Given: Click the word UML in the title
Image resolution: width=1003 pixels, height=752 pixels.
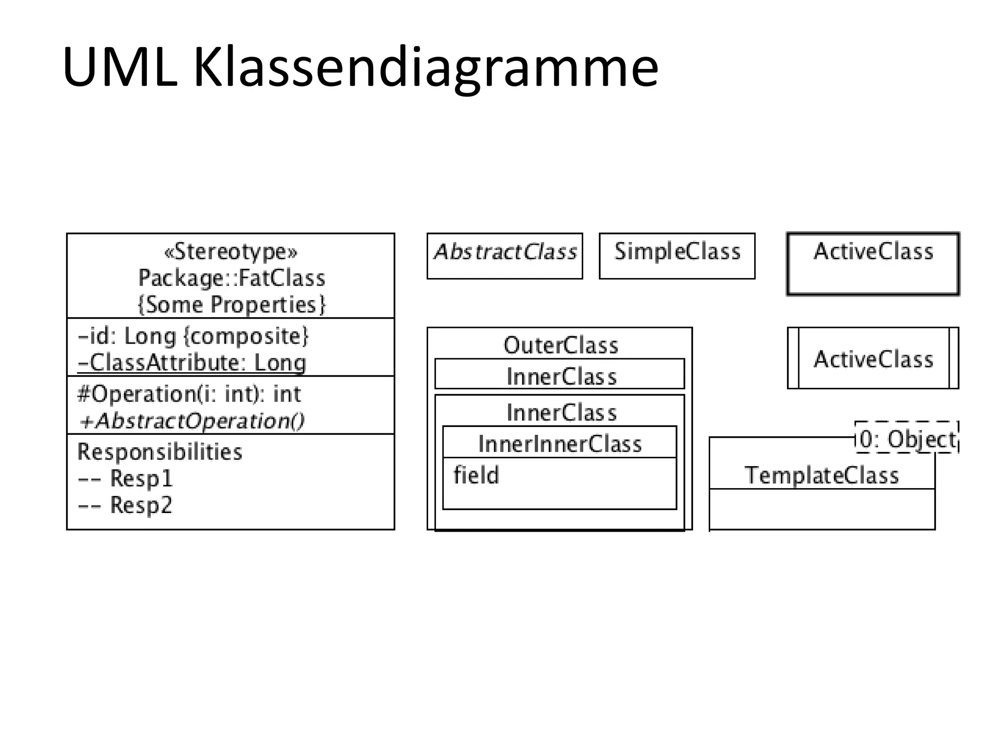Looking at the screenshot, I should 119,68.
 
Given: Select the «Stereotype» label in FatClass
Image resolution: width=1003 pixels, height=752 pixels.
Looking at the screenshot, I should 231,252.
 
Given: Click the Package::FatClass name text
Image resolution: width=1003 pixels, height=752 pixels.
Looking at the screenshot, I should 232,278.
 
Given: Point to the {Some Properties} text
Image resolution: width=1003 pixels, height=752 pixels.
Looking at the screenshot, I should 232,305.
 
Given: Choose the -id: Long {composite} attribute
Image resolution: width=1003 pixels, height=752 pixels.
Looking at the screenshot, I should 193,336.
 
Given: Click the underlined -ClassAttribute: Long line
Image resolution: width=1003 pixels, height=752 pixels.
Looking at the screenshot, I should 192,363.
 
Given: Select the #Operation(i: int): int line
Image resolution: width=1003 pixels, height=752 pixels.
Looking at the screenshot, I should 189,394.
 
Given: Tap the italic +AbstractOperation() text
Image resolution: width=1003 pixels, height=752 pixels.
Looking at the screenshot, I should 191,421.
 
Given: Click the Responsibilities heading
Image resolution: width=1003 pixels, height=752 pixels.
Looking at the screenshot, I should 160,452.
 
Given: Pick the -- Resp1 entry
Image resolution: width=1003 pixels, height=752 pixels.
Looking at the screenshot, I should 125,478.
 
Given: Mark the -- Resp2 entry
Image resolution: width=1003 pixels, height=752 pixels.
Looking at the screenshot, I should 125,505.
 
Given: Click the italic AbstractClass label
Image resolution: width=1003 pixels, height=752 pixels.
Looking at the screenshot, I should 505,252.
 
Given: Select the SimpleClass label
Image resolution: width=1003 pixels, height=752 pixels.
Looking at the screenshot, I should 677,252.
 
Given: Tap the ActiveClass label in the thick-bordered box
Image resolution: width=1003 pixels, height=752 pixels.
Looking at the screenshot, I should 873,252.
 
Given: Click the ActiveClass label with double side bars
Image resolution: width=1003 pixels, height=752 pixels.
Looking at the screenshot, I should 873,359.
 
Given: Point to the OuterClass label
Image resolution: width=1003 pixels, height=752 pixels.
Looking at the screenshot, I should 561,346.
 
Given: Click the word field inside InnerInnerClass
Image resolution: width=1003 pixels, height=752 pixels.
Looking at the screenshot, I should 476,475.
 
